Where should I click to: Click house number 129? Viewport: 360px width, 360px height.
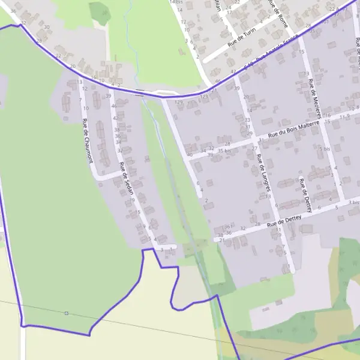pos(178,103)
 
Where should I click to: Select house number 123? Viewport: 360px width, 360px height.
pos(204,96)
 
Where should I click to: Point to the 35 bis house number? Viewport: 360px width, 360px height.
pos(224,151)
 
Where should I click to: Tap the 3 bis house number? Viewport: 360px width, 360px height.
pos(354,203)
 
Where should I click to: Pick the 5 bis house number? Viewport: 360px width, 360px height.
pos(325,148)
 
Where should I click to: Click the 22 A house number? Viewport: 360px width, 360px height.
pos(334,9)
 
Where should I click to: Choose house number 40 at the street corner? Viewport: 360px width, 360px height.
pos(190,155)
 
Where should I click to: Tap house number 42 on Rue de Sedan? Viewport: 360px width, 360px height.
pos(116,118)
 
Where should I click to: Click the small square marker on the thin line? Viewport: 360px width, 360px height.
pos(67,313)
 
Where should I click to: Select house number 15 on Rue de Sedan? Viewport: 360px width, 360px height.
pos(137,212)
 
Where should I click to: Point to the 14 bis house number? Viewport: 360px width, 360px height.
pos(176,2)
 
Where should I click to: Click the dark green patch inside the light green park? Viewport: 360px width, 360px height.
pos(100,12)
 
